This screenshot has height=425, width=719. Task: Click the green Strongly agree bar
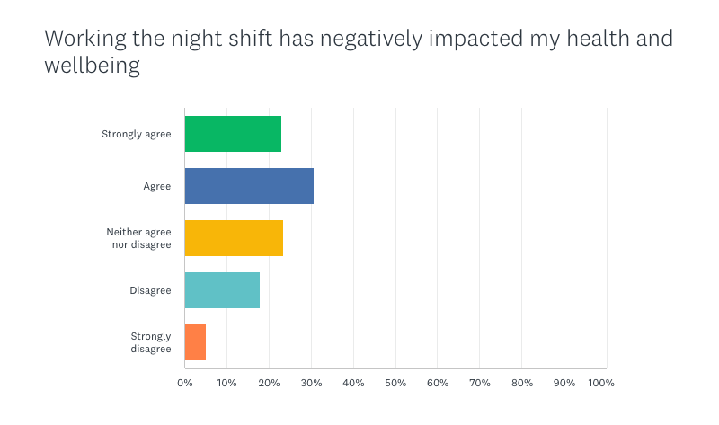point(233,134)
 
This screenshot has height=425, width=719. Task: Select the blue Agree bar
point(249,186)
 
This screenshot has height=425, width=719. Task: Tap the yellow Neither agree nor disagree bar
point(234,238)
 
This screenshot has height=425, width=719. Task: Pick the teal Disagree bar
point(222,290)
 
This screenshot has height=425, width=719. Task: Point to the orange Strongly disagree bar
point(195,342)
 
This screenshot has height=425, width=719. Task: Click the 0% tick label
point(184,384)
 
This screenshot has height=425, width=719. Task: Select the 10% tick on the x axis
point(226,384)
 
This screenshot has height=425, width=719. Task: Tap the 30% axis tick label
point(311,384)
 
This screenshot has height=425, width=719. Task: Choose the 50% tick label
point(395,384)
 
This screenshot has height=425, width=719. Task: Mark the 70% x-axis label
point(480,384)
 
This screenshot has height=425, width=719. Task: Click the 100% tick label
point(601,384)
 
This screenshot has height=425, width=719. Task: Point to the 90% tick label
point(564,384)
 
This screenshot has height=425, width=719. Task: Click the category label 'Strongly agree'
point(137,135)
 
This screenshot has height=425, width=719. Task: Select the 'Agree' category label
point(156,187)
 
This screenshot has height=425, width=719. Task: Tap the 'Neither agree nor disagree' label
point(138,238)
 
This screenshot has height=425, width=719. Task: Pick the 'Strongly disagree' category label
point(150,342)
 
